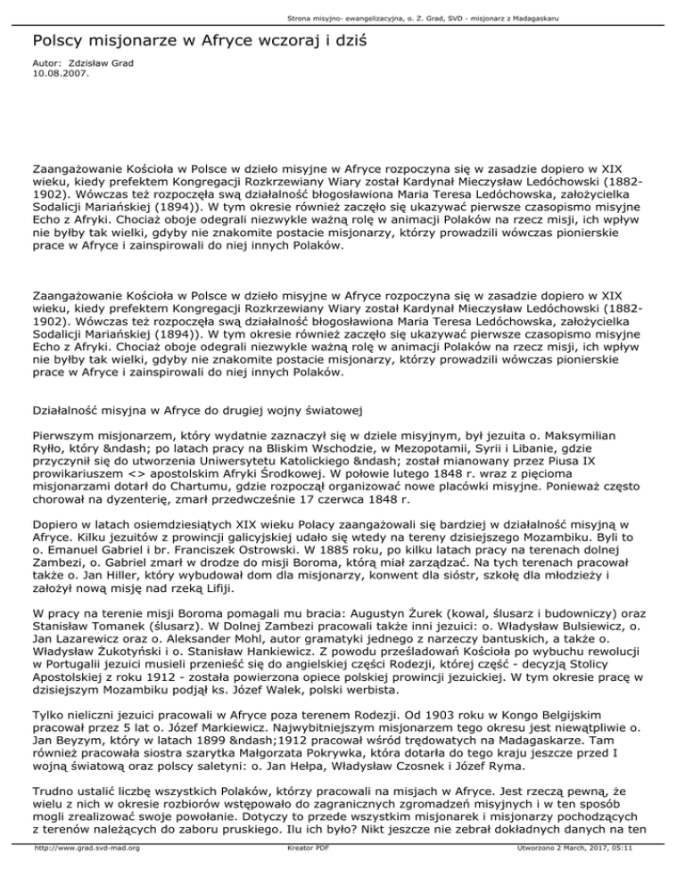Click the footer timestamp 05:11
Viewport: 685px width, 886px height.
pyautogui.click(x=629, y=873)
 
